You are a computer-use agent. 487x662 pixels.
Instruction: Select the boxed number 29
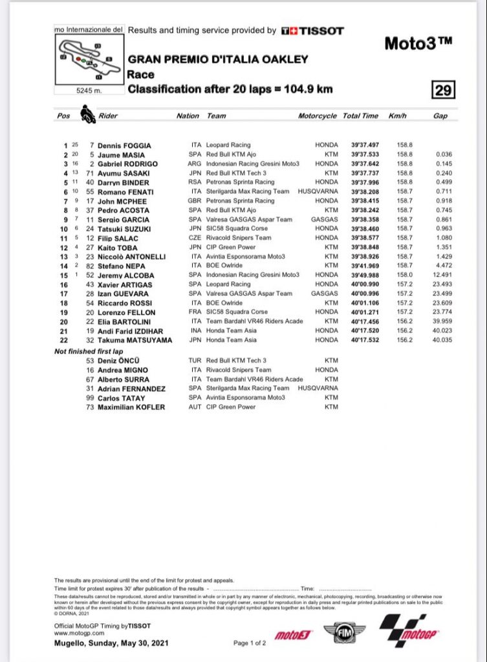(x=444, y=90)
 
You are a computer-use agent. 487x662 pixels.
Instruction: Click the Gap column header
(x=439, y=116)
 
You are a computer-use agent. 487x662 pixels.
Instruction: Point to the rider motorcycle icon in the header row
(x=85, y=115)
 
